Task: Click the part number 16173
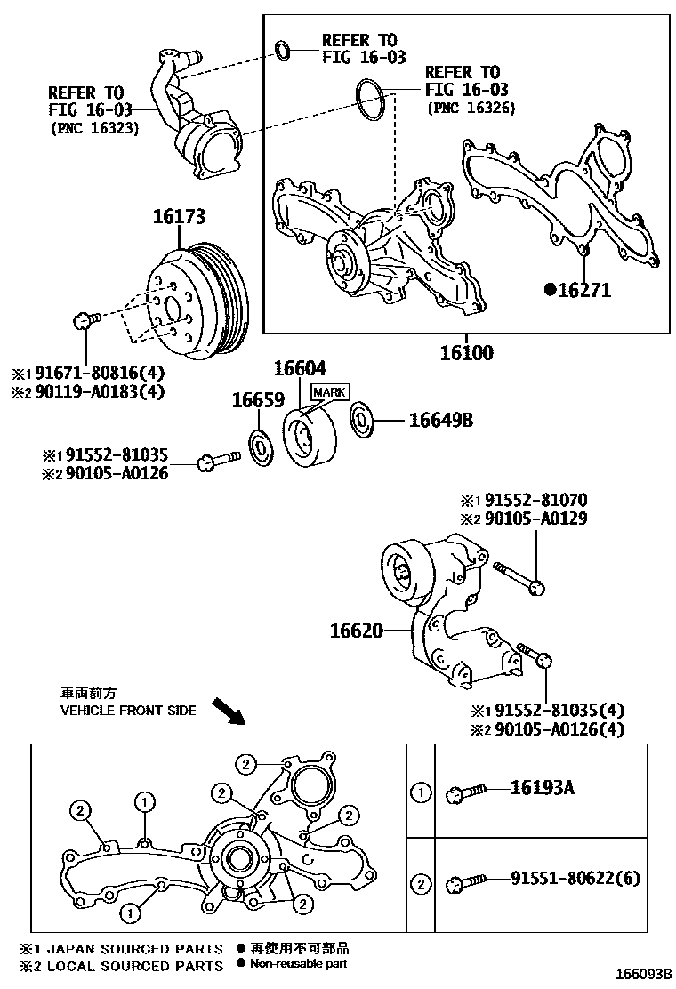click(x=179, y=216)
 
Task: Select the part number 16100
click(x=466, y=352)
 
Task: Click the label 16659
click(x=257, y=401)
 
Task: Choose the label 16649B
click(x=441, y=420)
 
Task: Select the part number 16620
click(x=356, y=631)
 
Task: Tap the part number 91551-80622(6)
click(x=575, y=879)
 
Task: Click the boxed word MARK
click(x=329, y=392)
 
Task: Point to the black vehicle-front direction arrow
click(x=227, y=710)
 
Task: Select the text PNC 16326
click(x=471, y=109)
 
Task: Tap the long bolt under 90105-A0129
click(x=518, y=576)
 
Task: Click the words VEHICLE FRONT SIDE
click(x=128, y=711)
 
